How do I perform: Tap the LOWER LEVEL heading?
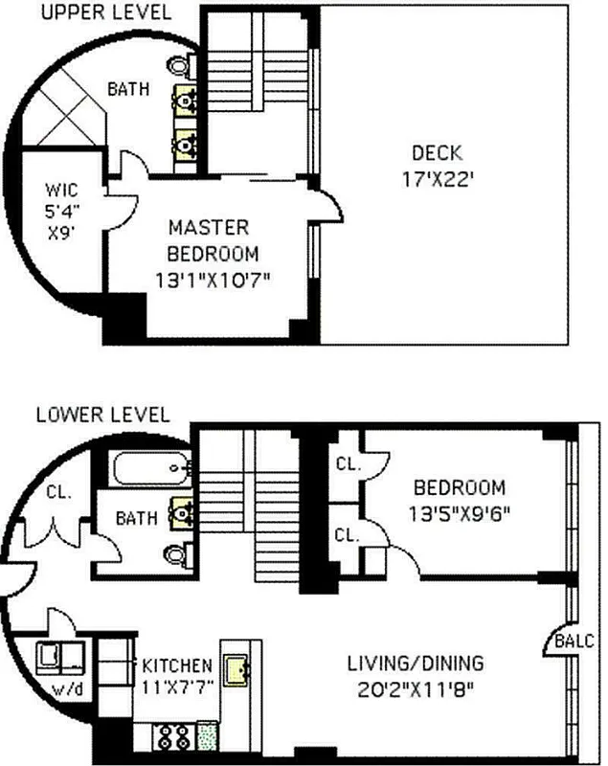(101, 415)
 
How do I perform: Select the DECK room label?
(437, 152)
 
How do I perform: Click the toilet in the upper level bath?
(180, 64)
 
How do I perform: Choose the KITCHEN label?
(177, 665)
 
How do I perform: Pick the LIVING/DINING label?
(416, 663)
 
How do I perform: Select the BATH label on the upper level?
(126, 90)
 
